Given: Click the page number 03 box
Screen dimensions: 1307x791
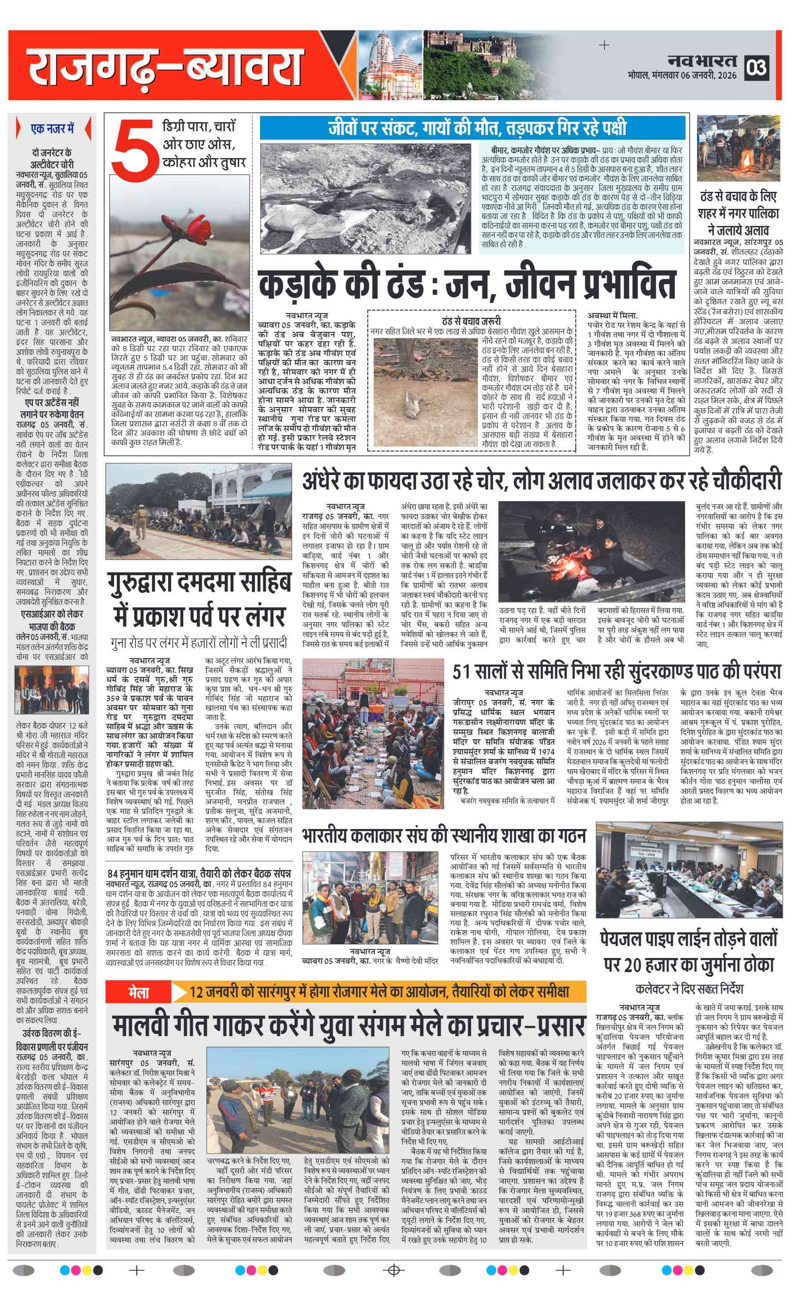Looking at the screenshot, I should (756, 68).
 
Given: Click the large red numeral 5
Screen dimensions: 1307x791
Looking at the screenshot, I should (135, 150).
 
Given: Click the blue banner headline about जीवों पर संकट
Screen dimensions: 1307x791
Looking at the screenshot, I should (472, 128).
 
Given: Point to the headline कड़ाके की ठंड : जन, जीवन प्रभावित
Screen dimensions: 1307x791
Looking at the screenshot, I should (467, 283).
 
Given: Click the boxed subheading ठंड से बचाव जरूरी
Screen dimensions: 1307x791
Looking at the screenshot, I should (471, 321).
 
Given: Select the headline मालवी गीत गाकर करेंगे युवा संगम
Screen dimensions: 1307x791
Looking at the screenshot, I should (348, 1026).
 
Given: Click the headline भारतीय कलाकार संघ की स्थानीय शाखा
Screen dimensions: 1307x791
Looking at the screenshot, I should (443, 836).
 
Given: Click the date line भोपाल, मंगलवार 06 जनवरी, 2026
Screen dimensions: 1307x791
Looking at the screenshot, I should (681, 76).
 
